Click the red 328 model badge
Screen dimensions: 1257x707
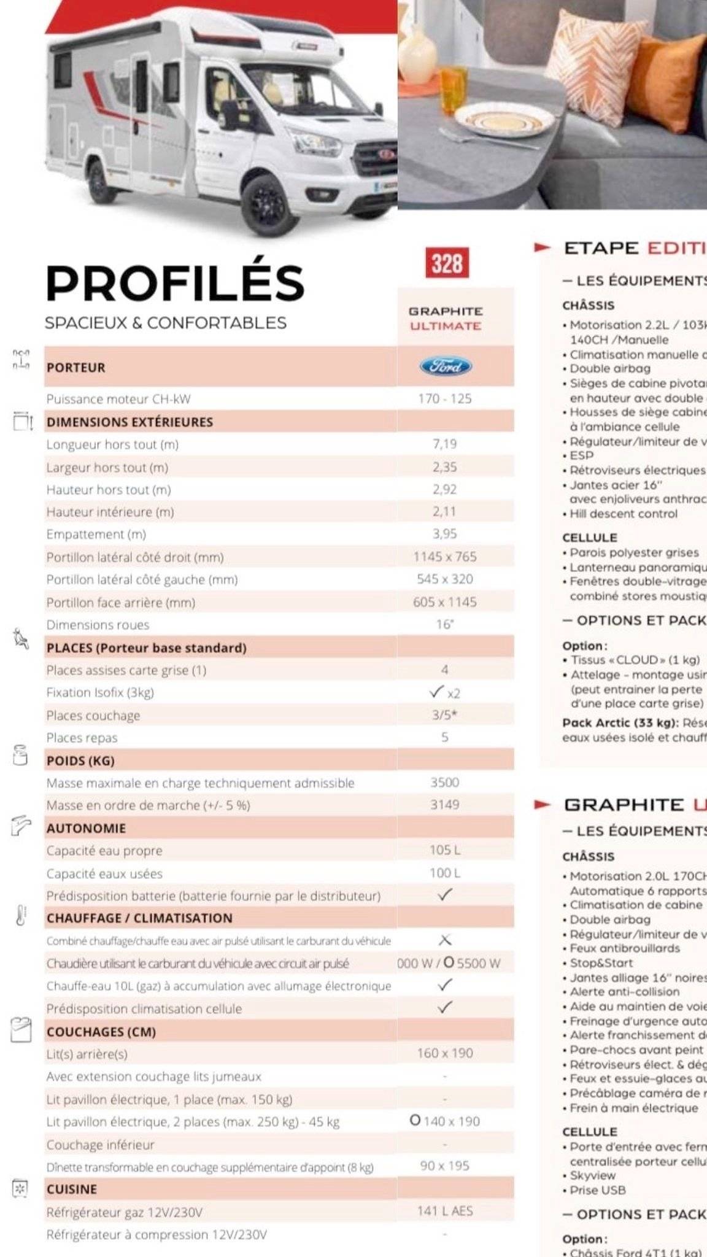pyautogui.click(x=446, y=263)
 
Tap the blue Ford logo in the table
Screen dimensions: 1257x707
pyautogui.click(x=446, y=366)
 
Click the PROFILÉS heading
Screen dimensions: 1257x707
pyautogui.click(x=175, y=283)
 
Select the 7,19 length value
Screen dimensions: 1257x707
pyautogui.click(x=445, y=444)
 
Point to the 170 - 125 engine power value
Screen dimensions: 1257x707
pyautogui.click(x=445, y=399)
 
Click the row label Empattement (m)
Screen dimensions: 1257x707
pyautogui.click(x=96, y=534)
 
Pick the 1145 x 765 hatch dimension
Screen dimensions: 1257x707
pyautogui.click(x=445, y=557)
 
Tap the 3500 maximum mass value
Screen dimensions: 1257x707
pyautogui.click(x=445, y=783)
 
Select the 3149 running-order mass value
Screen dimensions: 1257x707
pyautogui.click(x=445, y=805)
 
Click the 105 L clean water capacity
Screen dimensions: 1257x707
pyautogui.click(x=445, y=850)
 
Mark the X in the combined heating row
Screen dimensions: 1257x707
pyautogui.click(x=446, y=940)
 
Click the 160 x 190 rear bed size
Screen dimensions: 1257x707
pyautogui.click(x=445, y=1053)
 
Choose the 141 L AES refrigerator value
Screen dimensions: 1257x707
pyautogui.click(x=445, y=1211)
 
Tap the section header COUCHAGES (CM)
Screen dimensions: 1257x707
pyautogui.click(x=101, y=1032)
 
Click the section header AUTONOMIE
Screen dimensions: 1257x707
pyautogui.click(x=86, y=828)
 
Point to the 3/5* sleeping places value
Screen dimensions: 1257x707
pyautogui.click(x=445, y=715)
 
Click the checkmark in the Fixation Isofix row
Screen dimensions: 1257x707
pyautogui.click(x=437, y=692)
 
